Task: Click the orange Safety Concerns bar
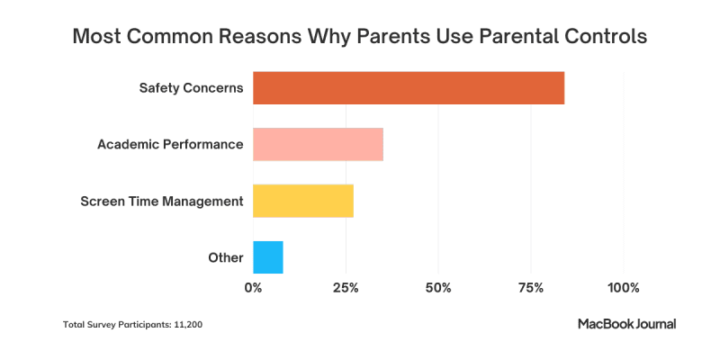[409, 88]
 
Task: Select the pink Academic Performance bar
[318, 144]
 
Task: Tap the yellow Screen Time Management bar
[303, 201]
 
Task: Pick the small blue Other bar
[268, 257]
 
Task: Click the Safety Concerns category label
[191, 88]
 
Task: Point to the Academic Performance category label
[170, 144]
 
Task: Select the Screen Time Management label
[162, 201]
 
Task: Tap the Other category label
[225, 257]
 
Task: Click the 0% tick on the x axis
[253, 288]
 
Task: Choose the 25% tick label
[346, 288]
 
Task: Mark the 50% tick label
[438, 288]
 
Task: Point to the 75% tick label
[531, 288]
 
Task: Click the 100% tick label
[624, 288]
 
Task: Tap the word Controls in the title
[602, 38]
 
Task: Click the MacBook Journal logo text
[626, 323]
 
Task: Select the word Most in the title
[98, 38]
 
